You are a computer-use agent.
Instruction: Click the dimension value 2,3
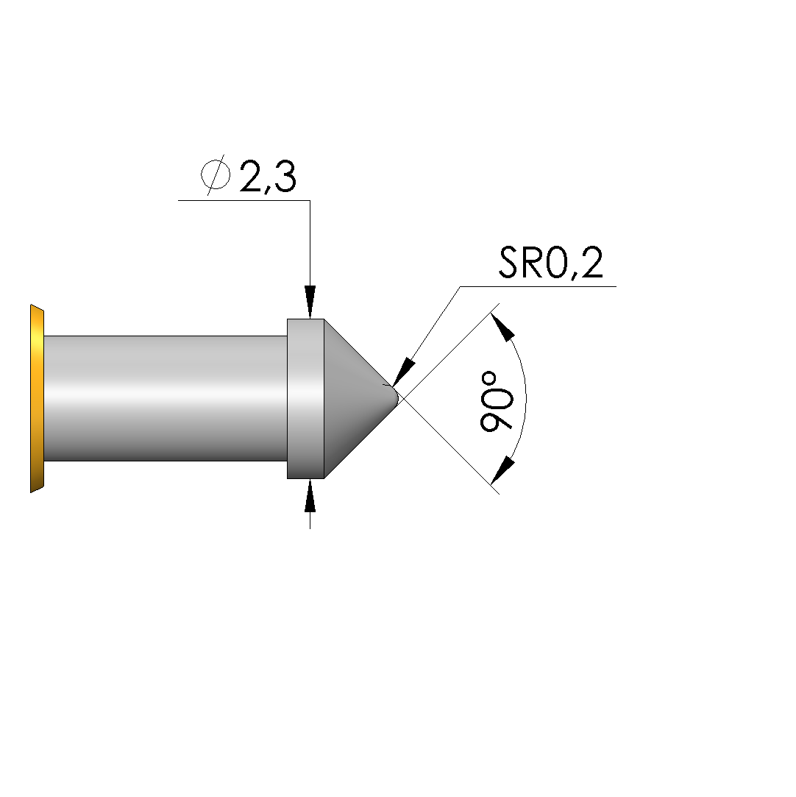pos(267,177)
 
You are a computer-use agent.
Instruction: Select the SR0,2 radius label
pos(550,262)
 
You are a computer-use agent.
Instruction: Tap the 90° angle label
pos(497,402)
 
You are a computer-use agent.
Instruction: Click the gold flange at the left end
pos(37,399)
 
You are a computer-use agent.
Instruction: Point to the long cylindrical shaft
pos(166,399)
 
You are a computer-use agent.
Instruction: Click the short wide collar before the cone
pos(306,399)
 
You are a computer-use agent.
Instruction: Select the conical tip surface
pos(355,399)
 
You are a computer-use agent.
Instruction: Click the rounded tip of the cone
pos(394,396)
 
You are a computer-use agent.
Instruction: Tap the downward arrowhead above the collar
pos(310,302)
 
